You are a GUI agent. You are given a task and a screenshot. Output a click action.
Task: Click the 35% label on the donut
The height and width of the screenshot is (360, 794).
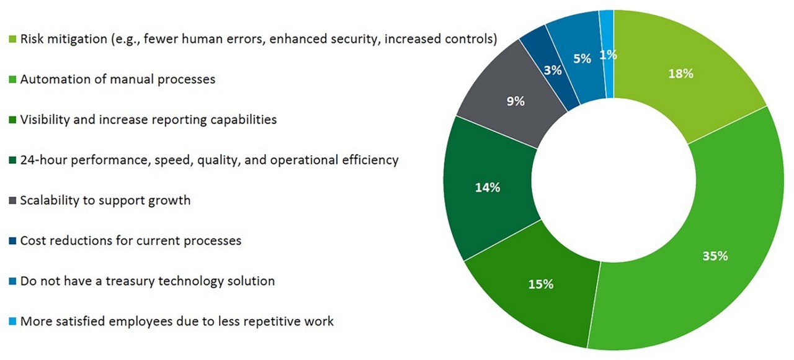(715, 256)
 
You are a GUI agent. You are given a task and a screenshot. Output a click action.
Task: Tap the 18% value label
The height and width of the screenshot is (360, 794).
(680, 74)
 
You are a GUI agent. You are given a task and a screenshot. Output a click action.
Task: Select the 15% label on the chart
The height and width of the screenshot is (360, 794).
(540, 284)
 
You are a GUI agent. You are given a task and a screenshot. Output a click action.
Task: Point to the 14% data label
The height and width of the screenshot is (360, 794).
(487, 187)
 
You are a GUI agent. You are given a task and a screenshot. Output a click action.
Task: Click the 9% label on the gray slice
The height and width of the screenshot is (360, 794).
(515, 101)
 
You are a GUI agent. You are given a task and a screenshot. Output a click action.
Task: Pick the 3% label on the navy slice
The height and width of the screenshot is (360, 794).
(553, 70)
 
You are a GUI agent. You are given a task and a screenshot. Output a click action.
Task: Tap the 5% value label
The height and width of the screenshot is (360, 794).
(582, 59)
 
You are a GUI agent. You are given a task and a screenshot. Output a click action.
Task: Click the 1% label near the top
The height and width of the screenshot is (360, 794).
(608, 55)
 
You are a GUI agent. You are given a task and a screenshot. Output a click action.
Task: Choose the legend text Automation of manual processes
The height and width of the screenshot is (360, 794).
(118, 79)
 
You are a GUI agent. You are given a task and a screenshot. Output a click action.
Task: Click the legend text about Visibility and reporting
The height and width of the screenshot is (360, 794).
(148, 120)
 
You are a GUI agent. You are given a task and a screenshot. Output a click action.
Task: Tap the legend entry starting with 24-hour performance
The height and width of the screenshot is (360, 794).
(209, 160)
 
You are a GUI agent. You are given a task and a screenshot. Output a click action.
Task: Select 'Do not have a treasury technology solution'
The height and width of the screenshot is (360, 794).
(147, 281)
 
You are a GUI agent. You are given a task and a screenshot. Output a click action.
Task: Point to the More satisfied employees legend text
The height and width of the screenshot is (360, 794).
(177, 322)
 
